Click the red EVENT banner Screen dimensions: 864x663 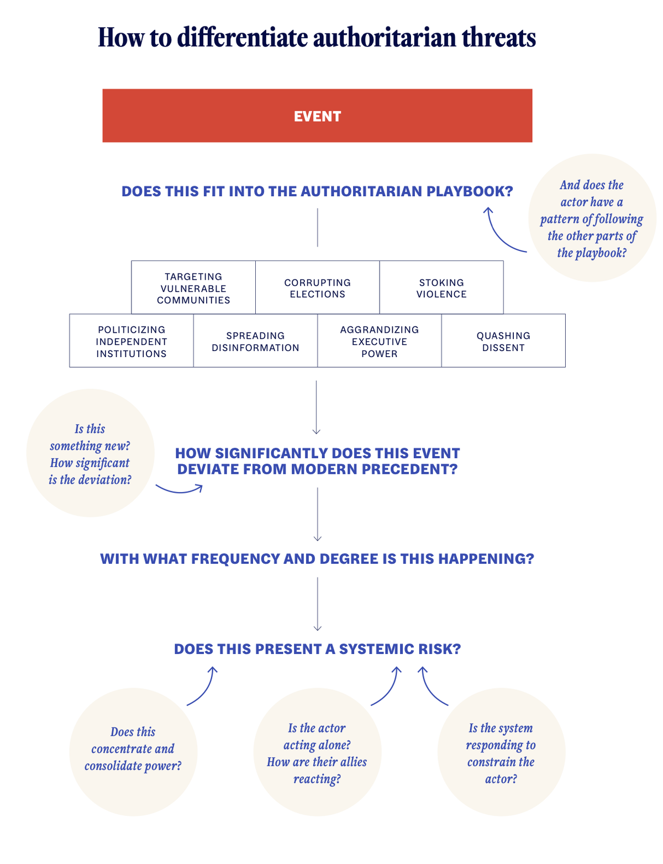coord(317,116)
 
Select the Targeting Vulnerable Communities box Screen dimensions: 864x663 coord(193,288)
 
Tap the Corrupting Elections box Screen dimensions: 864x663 coord(317,288)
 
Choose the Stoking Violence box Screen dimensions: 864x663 coord(441,288)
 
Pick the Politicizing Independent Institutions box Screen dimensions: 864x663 coord(131,341)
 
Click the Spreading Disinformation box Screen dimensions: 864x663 coord(255,341)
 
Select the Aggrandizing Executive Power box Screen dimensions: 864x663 coord(380,341)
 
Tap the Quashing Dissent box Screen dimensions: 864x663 coord(503,341)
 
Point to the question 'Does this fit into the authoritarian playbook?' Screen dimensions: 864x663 coord(317,191)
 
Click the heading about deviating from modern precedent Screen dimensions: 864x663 coord(317,461)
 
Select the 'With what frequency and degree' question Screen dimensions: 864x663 coord(317,558)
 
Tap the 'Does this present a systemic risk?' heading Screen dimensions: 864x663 coord(317,648)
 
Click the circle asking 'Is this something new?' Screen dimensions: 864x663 coord(90,453)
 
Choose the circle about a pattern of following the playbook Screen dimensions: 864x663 coord(592,218)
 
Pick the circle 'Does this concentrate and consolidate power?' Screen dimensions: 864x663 coord(133,751)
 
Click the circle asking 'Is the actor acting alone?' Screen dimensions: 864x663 coord(317,752)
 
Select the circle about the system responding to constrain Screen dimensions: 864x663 coord(501,752)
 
